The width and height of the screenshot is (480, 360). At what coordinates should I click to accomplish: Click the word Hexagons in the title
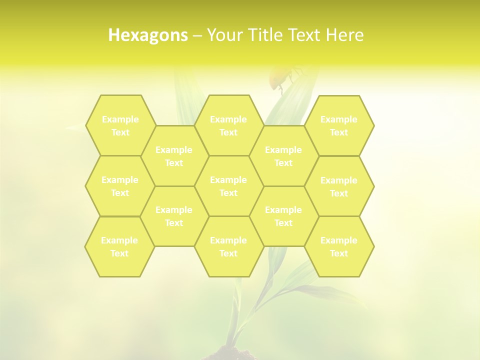[x=148, y=35]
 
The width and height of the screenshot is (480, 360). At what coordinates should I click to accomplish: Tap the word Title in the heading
[x=269, y=35]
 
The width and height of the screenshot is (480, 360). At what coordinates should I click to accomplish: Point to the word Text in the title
[x=305, y=35]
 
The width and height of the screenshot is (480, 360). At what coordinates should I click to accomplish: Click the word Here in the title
[x=344, y=35]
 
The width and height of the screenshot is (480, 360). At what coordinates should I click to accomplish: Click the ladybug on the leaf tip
[x=279, y=77]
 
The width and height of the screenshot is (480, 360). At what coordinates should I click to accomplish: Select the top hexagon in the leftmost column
[x=120, y=125]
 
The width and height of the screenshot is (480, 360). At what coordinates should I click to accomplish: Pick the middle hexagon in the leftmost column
[x=120, y=186]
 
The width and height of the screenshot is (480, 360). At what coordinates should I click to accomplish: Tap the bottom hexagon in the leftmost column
[x=119, y=246]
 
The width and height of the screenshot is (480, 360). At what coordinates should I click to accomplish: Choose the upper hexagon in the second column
[x=174, y=156]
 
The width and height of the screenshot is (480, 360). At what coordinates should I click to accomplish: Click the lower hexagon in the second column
[x=174, y=216]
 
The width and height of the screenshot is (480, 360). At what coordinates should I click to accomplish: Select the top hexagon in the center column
[x=228, y=125]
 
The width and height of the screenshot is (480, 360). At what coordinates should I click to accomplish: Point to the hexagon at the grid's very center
[x=228, y=186]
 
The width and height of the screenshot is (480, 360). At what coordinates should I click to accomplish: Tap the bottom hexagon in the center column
[x=228, y=246]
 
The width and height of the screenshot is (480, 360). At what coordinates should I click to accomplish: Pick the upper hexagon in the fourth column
[x=283, y=156]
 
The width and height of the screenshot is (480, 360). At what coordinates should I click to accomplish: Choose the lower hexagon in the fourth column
[x=283, y=216]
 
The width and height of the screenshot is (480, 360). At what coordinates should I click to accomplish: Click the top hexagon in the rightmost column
[x=339, y=125]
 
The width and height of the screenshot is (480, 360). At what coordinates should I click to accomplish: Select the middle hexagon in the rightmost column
[x=339, y=186]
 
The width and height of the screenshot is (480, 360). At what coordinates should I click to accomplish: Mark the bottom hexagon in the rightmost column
[x=339, y=246]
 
